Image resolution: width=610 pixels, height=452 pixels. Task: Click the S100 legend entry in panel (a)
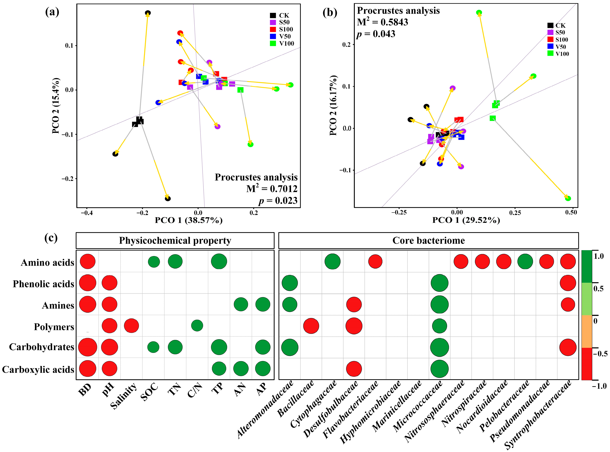click(x=286, y=29)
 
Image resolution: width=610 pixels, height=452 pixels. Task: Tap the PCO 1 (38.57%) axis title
click(x=189, y=220)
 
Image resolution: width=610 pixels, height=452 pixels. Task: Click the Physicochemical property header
click(x=175, y=241)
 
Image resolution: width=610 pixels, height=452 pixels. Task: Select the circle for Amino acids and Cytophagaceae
click(x=332, y=261)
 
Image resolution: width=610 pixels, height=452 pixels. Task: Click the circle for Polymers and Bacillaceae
click(x=311, y=326)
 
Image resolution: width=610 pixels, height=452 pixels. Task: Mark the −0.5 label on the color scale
click(x=600, y=354)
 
